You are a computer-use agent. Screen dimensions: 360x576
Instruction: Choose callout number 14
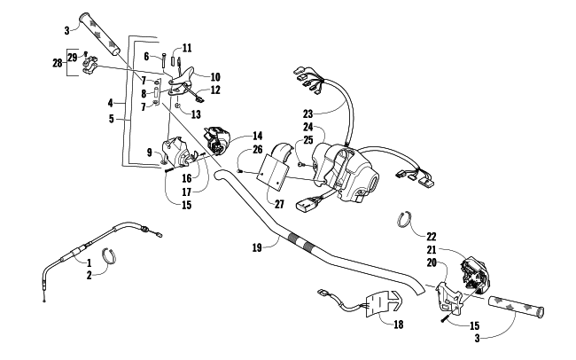[x=258, y=136]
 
